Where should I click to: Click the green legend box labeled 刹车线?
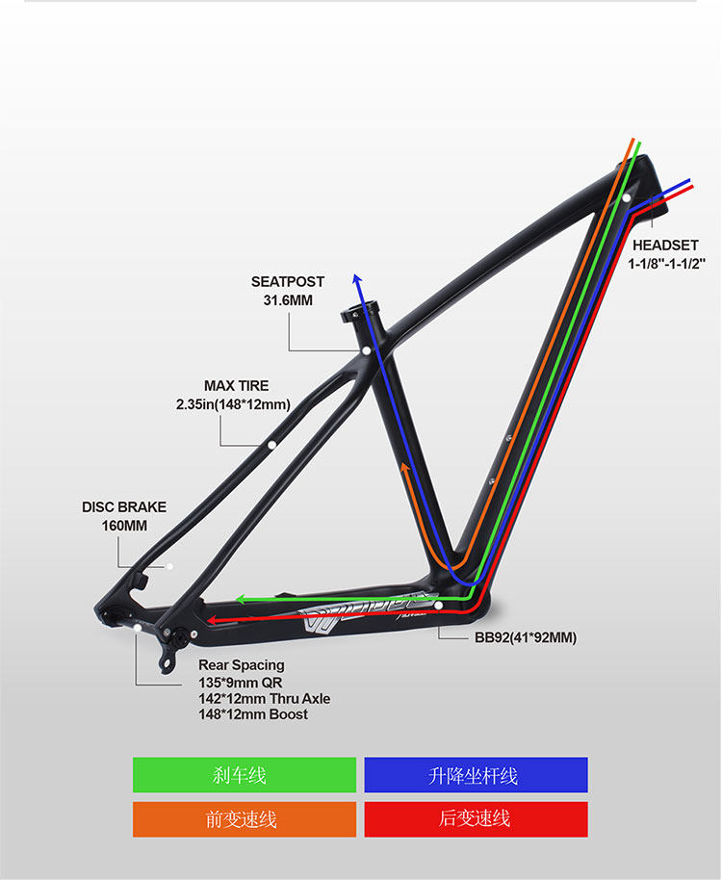coord(245,775)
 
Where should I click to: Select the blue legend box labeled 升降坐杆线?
coord(476,775)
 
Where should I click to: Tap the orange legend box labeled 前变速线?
coord(245,819)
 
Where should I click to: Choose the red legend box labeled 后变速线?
coord(476,819)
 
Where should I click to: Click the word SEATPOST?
coord(288,282)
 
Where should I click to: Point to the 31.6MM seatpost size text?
coord(288,300)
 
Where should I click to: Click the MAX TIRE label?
coord(237,386)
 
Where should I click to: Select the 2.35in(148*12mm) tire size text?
coord(233,404)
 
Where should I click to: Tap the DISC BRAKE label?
coord(124,506)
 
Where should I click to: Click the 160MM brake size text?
coord(124,526)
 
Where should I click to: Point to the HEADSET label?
coord(665,246)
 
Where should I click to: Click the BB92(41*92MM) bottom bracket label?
coord(526,637)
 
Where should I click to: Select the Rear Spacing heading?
coord(242,665)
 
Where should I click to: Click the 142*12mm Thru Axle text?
coord(265,698)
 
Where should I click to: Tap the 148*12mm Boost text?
coord(253,714)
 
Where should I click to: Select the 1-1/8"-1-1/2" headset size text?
coord(667,263)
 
